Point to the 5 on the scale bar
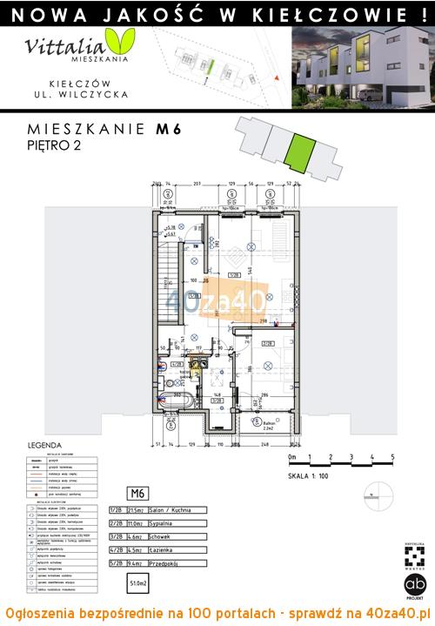click(393, 456)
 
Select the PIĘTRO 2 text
click(49, 146)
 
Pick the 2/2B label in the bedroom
click(267, 344)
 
